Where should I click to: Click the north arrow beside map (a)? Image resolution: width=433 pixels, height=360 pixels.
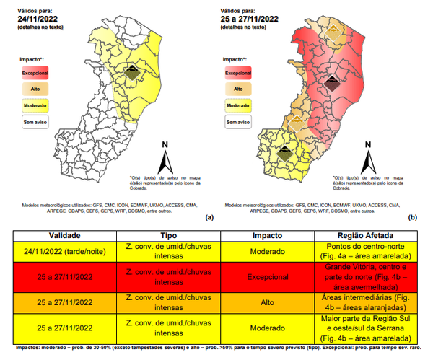coord(165,155)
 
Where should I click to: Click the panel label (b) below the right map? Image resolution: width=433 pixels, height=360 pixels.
coord(414,216)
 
